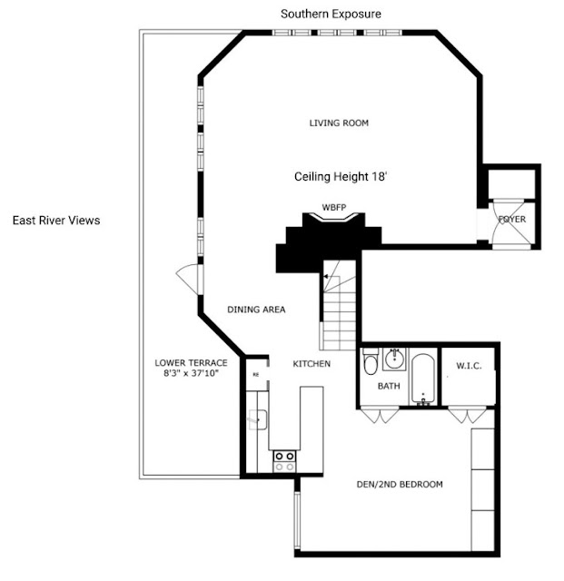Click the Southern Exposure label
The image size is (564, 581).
pyautogui.click(x=331, y=15)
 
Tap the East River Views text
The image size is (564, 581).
pyautogui.click(x=56, y=221)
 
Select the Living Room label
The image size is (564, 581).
pyautogui.click(x=339, y=123)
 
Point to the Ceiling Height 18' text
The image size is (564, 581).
pyautogui.click(x=341, y=177)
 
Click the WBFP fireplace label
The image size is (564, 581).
pyautogui.click(x=333, y=208)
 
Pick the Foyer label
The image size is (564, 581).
pyautogui.click(x=512, y=220)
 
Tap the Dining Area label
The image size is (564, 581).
pyautogui.click(x=256, y=310)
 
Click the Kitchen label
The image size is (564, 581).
pyautogui.click(x=312, y=364)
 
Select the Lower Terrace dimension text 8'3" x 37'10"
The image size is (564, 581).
pyautogui.click(x=191, y=373)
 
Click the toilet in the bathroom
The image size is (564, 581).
pyautogui.click(x=370, y=362)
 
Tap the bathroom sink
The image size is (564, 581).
pyautogui.click(x=394, y=359)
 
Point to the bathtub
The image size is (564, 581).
pyautogui.click(x=423, y=379)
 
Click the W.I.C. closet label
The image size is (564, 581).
pyautogui.click(x=469, y=366)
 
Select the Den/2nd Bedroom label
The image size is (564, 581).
pyautogui.click(x=400, y=484)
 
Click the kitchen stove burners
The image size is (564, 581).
pyautogui.click(x=284, y=461)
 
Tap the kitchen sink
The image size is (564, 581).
pyautogui.click(x=258, y=419)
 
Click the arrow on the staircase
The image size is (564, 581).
pyautogui.click(x=325, y=276)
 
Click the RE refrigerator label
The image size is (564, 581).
pyautogui.click(x=256, y=375)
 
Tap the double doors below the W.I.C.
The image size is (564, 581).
pyautogui.click(x=467, y=415)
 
